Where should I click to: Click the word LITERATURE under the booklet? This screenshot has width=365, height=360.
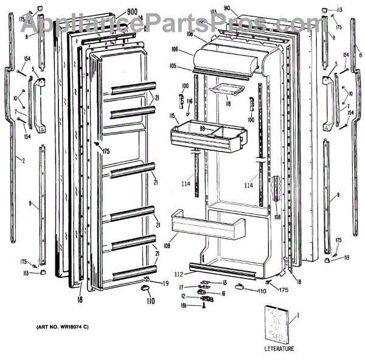tap(279, 348)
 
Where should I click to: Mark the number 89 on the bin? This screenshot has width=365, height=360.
tap(203, 128)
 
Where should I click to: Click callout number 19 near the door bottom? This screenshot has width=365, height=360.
tap(165, 283)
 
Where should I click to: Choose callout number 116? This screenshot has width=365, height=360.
tap(189, 101)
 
